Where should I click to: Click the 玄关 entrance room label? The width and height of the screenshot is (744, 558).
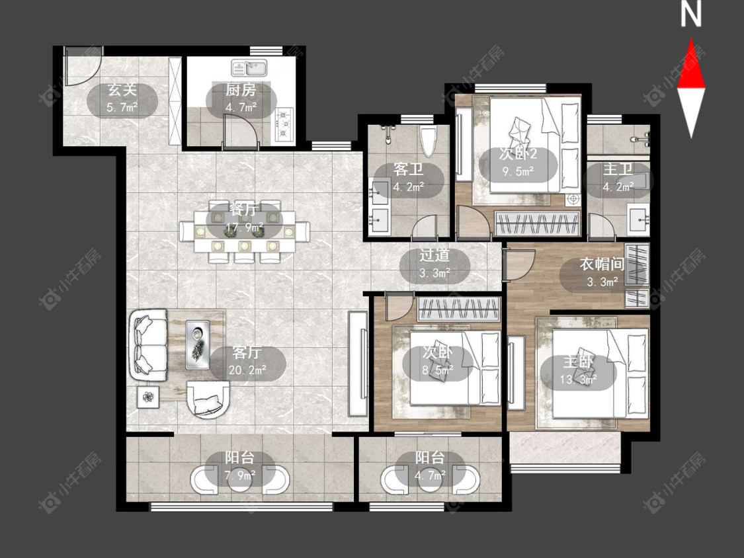point(122,90)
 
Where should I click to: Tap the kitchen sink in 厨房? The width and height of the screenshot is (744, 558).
point(249,67)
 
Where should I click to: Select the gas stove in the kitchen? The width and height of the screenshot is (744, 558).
point(284,125)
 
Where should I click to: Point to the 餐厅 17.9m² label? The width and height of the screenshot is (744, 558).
point(244,219)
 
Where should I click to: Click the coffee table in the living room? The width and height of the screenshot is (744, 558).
point(197,344)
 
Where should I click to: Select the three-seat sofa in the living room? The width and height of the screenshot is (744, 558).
point(147,344)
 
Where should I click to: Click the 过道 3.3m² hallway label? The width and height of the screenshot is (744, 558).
point(434,264)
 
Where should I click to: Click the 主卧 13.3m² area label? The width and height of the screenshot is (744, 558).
point(579,371)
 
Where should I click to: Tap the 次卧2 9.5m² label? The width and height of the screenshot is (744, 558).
point(518,162)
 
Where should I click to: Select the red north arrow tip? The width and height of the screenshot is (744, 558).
point(691,40)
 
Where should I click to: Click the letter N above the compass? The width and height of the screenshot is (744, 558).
point(691,15)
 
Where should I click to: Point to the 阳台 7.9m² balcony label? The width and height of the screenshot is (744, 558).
point(239,466)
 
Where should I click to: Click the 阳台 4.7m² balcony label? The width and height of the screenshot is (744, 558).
point(430,466)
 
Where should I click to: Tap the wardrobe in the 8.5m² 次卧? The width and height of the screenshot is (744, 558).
point(458,309)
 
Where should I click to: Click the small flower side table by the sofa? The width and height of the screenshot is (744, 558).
point(149,397)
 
